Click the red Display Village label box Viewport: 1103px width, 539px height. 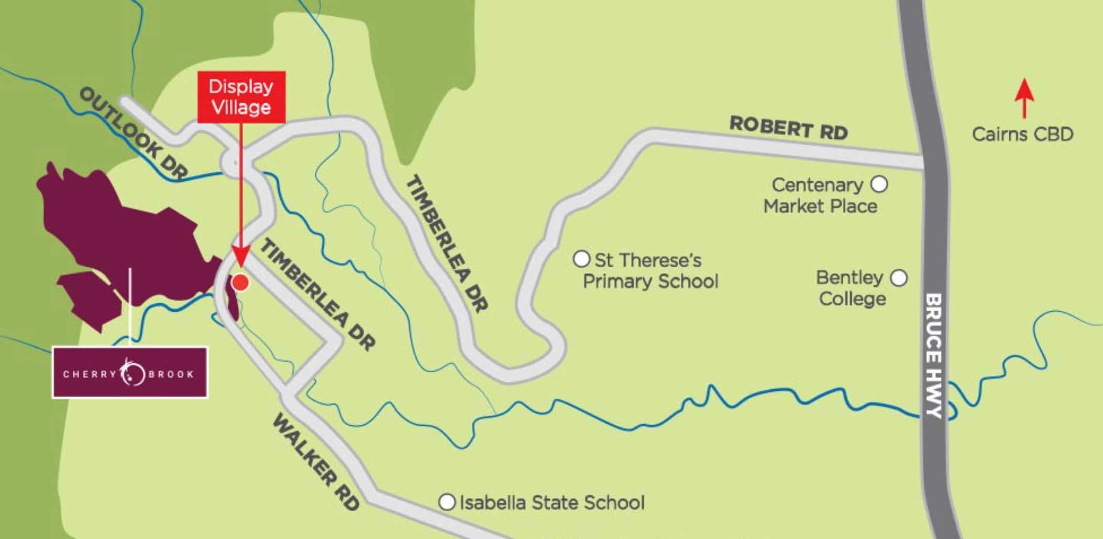pyautogui.click(x=241, y=97)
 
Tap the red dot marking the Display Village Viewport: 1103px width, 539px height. pyautogui.click(x=240, y=282)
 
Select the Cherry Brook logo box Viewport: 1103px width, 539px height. pyautogui.click(x=130, y=373)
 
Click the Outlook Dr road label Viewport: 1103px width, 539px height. pyautogui.click(x=133, y=134)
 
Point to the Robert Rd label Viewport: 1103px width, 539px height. pyautogui.click(x=788, y=128)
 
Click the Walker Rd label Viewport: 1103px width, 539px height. pyautogui.click(x=316, y=461)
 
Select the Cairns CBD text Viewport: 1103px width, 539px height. pyautogui.click(x=1022, y=135)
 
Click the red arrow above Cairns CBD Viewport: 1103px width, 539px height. pyautogui.click(x=1024, y=104)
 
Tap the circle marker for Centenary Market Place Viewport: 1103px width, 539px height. pyautogui.click(x=879, y=184)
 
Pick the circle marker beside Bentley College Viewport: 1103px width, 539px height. pyautogui.click(x=899, y=278)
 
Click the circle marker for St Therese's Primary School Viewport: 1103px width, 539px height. pyautogui.click(x=581, y=259)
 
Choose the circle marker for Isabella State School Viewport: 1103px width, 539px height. pyautogui.click(x=447, y=502)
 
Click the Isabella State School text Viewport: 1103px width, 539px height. pyautogui.click(x=552, y=503)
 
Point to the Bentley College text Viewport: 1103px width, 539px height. pyautogui.click(x=851, y=288)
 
